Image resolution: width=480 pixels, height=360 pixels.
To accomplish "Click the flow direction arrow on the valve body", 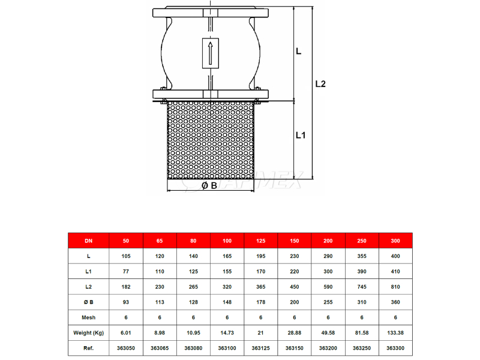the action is click(x=211, y=53).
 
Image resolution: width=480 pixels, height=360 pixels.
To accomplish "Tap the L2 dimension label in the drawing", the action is click(x=320, y=83).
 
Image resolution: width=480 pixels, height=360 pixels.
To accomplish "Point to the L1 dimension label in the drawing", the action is click(x=301, y=135).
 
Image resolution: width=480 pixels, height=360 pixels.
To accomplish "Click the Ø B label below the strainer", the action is click(x=209, y=185).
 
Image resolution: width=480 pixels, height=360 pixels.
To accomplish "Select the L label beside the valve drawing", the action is click(x=298, y=51).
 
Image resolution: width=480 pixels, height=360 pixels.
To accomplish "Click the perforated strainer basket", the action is click(x=211, y=140).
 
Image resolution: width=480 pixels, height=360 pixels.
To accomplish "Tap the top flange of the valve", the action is click(x=211, y=13).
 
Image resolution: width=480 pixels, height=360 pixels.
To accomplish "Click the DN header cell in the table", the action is click(x=88, y=241).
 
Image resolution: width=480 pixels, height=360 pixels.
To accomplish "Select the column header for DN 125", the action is click(x=261, y=241).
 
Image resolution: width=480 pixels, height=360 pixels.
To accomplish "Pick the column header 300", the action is click(x=395, y=241).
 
